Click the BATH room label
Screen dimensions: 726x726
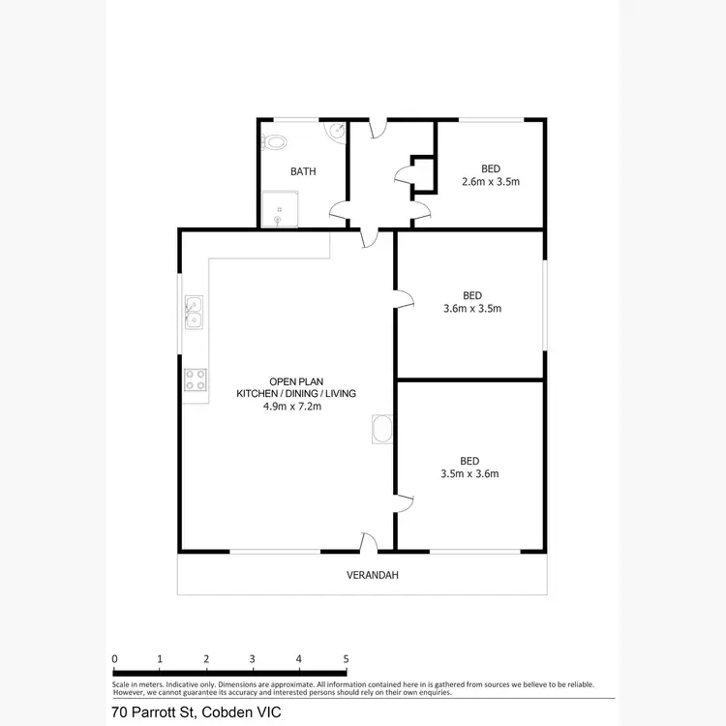coord(303,172)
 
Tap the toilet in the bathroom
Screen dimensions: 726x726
coord(275,141)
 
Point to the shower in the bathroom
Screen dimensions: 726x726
coord(280,208)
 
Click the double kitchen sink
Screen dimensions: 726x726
coord(194,312)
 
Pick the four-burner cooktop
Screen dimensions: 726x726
coord(195,379)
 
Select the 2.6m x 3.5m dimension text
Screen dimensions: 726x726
coord(491,181)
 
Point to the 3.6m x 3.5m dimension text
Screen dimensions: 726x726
coord(471,309)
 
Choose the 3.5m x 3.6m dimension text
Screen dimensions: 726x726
coord(469,474)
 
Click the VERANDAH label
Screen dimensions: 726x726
coord(372,575)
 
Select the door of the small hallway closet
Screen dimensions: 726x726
coord(402,176)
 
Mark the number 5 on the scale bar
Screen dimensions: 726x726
coord(346,658)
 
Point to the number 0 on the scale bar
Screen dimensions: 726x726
coord(114,658)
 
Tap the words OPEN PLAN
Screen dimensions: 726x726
coord(297,380)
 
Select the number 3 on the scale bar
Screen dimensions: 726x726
coord(253,658)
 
